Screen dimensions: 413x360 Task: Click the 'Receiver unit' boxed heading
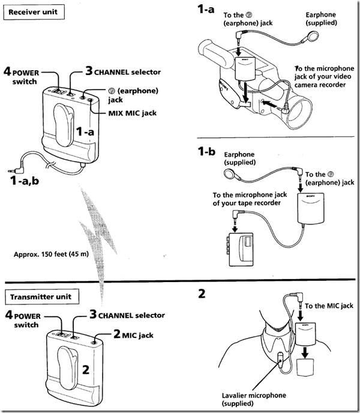pos(33,12)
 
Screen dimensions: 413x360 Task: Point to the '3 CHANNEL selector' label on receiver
pos(122,72)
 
